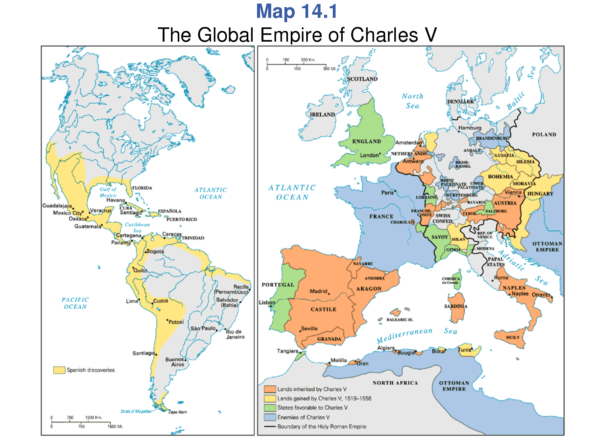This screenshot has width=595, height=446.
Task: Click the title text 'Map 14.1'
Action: (297, 11)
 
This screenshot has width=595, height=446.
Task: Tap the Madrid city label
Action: (319, 291)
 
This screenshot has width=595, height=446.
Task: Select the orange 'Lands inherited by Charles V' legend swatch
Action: (270, 389)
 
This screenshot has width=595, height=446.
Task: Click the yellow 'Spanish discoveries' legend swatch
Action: (59, 370)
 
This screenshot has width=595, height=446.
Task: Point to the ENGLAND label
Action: (366, 142)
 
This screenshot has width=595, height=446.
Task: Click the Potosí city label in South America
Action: (176, 322)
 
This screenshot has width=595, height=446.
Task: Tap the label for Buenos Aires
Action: (175, 362)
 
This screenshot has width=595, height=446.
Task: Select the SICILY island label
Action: (512, 337)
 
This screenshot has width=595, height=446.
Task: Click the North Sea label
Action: (413, 101)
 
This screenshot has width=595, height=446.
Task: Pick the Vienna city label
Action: (512, 192)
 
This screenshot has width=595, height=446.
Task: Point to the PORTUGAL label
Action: (278, 285)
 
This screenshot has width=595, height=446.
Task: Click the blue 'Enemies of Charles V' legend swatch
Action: (270, 417)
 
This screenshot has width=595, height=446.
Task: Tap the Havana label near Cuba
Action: (115, 200)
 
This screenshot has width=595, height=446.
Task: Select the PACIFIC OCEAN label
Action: (75, 303)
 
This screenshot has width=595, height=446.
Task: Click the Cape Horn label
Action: (177, 412)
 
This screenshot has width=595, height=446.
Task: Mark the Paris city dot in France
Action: (395, 191)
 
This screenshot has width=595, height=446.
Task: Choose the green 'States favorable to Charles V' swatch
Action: (270, 408)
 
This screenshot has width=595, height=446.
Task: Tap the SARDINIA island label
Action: (455, 306)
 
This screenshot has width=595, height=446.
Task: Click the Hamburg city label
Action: (470, 128)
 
